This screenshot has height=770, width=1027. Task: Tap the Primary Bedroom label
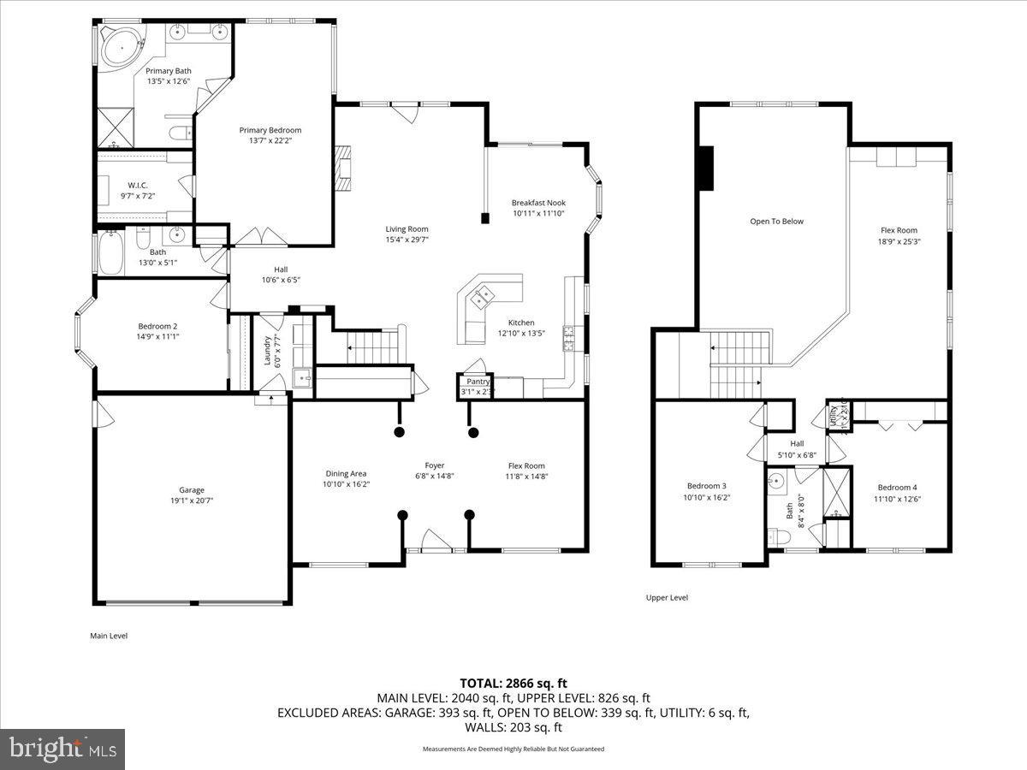[x=270, y=130]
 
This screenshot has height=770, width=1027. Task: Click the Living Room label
[x=407, y=228]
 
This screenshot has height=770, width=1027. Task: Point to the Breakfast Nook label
[x=538, y=203]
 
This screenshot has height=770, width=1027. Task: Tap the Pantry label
[x=478, y=382]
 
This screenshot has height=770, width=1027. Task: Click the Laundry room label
[x=267, y=351]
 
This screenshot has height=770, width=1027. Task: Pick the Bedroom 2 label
[x=157, y=325]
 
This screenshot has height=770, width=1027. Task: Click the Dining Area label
[x=346, y=473]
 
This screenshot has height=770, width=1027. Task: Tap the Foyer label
[x=435, y=465]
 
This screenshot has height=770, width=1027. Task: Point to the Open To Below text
[x=776, y=221]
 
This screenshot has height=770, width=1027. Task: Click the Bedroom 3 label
[x=706, y=486]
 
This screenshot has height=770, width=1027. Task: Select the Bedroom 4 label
[x=898, y=488]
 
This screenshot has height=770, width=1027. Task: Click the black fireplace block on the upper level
[x=705, y=168]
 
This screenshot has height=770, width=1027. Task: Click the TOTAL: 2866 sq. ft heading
[x=513, y=683]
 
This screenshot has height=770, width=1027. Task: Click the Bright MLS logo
[x=62, y=749]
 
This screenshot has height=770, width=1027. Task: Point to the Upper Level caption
[x=667, y=597]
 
